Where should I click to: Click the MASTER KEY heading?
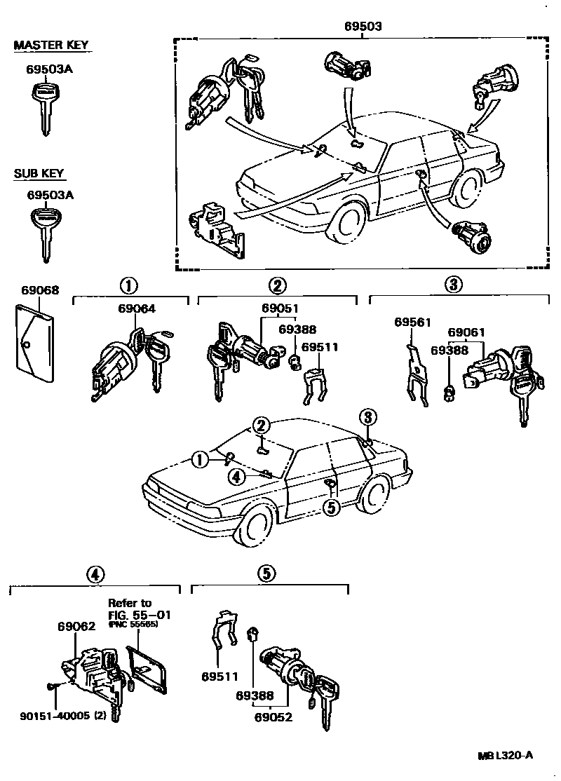51,46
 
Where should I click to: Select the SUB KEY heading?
39,173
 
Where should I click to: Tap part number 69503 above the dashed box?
363,27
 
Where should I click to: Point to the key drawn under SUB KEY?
46,231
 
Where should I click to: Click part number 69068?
40,290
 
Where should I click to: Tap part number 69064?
137,308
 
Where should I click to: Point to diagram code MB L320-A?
506,755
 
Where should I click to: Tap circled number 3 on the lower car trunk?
367,416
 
